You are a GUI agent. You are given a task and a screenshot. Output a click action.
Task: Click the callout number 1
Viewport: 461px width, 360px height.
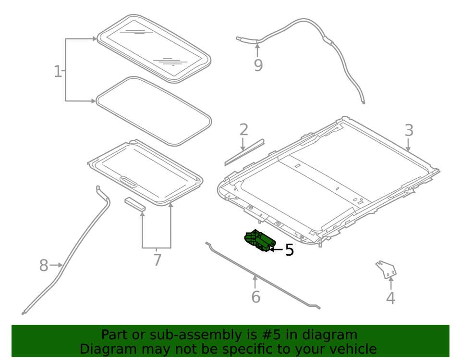[x=58, y=72]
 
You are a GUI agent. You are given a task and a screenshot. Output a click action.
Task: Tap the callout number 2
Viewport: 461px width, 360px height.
[x=244, y=130]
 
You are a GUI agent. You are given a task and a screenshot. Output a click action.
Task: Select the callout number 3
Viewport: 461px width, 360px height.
[x=409, y=130]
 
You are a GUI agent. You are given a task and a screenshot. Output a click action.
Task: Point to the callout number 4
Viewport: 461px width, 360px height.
[x=390, y=298]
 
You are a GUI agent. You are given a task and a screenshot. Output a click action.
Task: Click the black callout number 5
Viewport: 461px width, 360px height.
[x=290, y=250]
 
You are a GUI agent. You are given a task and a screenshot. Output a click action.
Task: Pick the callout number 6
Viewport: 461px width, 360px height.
[x=256, y=297]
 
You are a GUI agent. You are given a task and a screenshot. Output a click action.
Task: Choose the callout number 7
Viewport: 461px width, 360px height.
[x=158, y=260]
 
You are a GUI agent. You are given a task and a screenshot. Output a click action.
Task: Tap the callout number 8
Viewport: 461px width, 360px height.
[x=44, y=265]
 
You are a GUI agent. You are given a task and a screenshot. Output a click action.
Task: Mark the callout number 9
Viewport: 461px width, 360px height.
[x=258, y=65]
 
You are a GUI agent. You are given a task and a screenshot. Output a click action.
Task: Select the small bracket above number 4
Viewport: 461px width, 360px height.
[x=386, y=269]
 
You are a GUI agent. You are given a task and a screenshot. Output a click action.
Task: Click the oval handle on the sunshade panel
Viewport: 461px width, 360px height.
[x=129, y=181]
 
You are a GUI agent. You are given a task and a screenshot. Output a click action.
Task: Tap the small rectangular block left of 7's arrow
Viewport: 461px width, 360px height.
[x=135, y=204]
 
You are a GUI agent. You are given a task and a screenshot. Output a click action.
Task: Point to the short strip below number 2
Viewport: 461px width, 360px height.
[x=244, y=152]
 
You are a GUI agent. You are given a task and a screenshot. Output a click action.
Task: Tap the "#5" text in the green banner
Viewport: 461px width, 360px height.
[x=271, y=335]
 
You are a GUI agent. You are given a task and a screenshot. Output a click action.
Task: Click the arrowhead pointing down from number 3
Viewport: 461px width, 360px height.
[x=408, y=149]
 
